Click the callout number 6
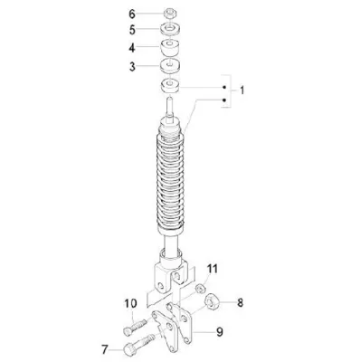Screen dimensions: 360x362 coord(132,14)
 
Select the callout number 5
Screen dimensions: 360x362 coord(132,30)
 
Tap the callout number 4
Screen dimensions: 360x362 coord(132,48)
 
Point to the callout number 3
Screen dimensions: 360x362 coord(132,67)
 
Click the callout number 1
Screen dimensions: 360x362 coord(242,90)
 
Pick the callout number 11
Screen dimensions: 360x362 coord(213,269)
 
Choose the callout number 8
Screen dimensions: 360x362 coord(240,302)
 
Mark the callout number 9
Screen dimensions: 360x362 coord(220,332)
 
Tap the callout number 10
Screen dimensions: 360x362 coord(130,303)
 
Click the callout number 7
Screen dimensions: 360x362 coord(105,350)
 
